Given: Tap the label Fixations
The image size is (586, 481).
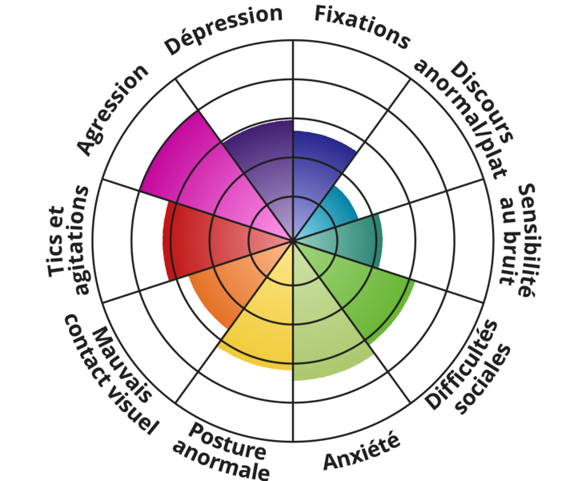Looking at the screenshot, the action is [362, 27].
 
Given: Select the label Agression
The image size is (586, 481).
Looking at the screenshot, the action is [113, 110].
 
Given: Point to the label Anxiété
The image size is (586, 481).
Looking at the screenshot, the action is [362, 450].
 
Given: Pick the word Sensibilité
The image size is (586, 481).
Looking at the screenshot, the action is [526, 240].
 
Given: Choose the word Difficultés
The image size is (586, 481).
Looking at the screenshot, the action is [462, 365].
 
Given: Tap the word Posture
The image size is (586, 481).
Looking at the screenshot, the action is [227, 441].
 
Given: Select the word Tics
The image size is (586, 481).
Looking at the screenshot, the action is [56, 241].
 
